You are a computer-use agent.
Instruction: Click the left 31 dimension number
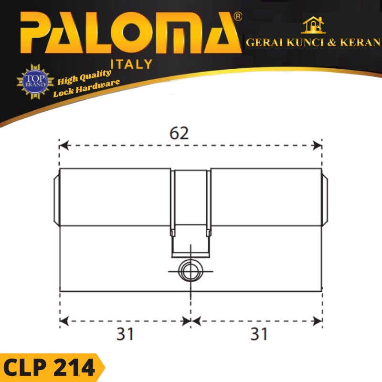point(125,334)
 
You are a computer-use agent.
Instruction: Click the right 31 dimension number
point(259,334)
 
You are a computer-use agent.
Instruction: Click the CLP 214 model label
point(49,368)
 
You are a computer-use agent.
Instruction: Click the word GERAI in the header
point(263,42)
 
